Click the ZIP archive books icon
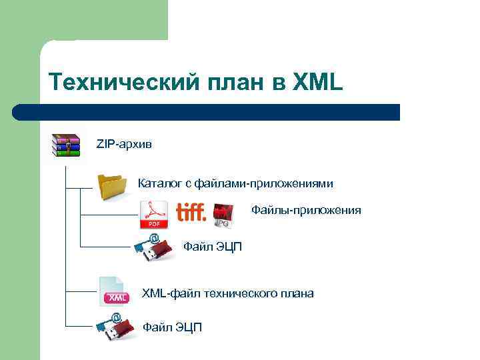coord(67,145)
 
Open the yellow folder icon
coord(112,186)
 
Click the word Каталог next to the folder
coord(159,183)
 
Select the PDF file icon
coord(153,215)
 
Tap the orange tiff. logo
coord(191,212)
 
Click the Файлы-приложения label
coord(306,211)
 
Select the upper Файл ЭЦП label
coord(213,247)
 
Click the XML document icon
coord(113,291)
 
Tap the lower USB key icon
coord(115,327)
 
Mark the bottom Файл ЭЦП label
coord(172,327)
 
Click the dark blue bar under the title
coord(206,111)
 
